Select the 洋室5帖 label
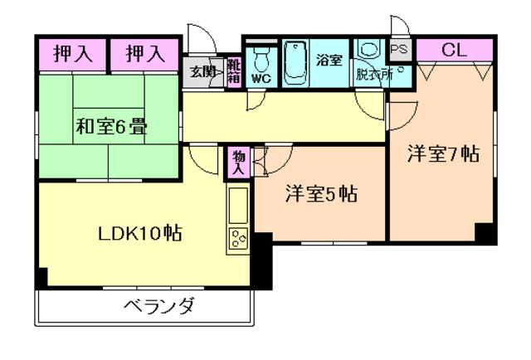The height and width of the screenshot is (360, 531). (x=321, y=194)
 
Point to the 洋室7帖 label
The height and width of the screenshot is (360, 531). (x=443, y=154)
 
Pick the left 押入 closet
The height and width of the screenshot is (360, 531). (x=72, y=56)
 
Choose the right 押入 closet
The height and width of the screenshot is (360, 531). (x=144, y=56)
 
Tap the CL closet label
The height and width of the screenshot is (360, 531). (x=453, y=50)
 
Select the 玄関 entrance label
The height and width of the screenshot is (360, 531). (x=200, y=71)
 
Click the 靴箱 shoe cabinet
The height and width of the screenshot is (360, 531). (x=234, y=71)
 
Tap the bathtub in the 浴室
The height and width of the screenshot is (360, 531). (x=295, y=63)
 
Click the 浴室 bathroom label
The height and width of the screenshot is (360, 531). (x=329, y=59)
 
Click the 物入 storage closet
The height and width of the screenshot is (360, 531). (x=238, y=162)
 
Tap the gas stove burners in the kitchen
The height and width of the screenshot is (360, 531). (x=239, y=240)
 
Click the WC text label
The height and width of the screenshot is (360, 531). (x=261, y=79)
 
